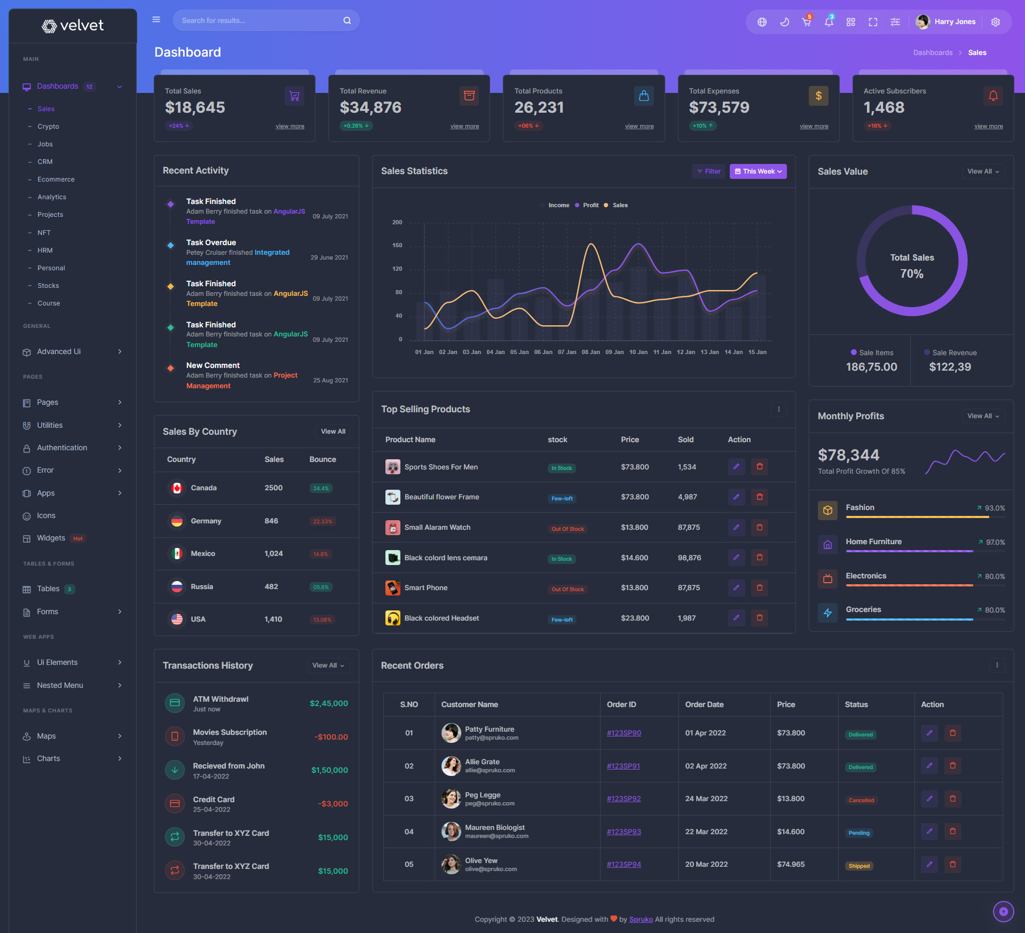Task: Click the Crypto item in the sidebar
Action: coord(48,127)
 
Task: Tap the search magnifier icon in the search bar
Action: coord(347,21)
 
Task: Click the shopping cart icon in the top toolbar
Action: coord(806,22)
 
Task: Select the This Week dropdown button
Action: coord(758,171)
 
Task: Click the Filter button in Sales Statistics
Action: coord(708,171)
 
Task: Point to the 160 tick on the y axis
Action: coord(397,246)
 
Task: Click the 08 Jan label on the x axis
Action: coord(590,352)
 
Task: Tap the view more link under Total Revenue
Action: coord(464,127)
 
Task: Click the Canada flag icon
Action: coord(177,488)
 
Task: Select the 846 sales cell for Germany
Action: coord(271,521)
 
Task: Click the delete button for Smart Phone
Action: coord(759,588)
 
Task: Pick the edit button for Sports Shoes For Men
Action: coord(736,467)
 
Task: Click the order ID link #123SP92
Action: coord(624,799)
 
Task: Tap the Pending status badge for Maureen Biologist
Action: coord(859,833)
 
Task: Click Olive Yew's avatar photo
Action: coord(451,864)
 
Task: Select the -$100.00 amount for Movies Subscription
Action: coord(331,738)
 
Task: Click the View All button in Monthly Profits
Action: coord(983,417)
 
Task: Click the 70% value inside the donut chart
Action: coord(911,274)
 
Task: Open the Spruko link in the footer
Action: coord(641,920)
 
